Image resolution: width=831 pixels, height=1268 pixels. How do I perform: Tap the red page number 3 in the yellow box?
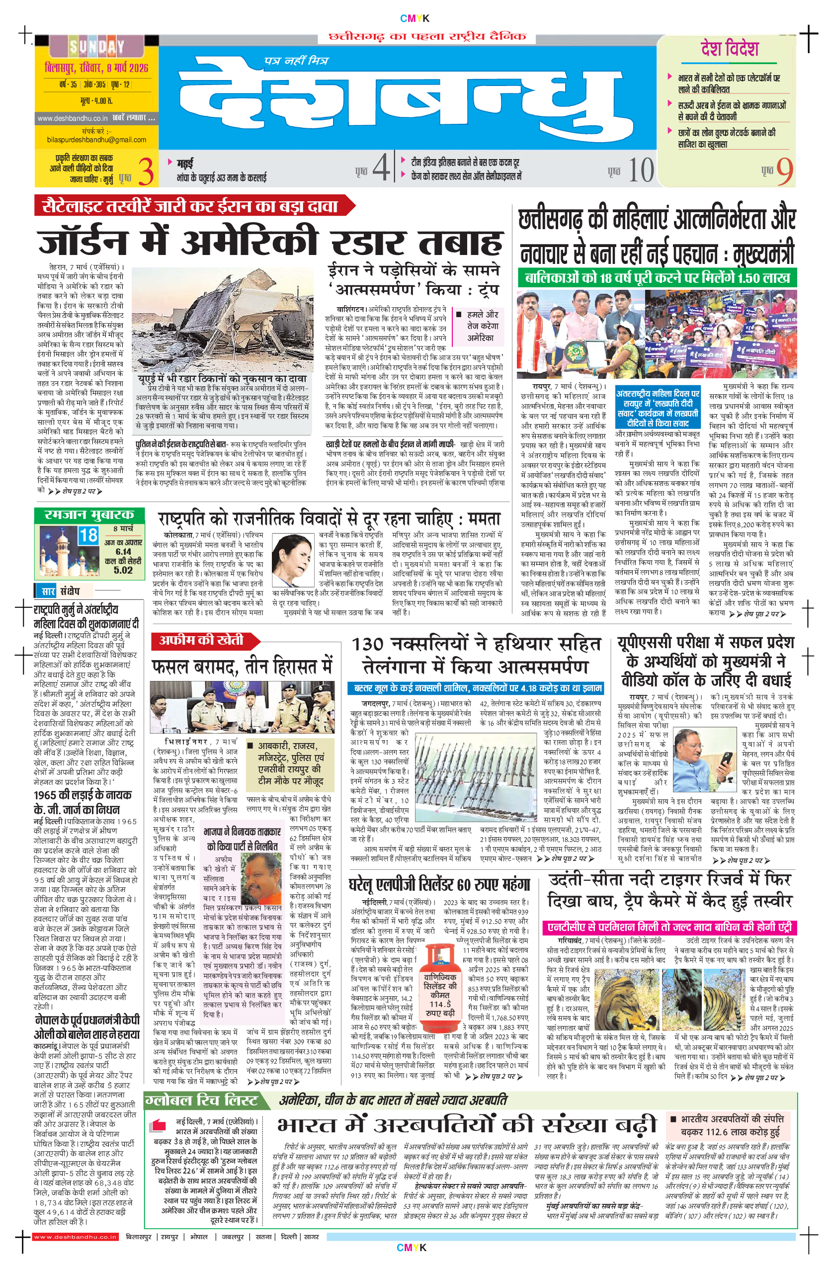(146, 171)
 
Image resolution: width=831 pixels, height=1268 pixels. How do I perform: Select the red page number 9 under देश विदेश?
(784, 171)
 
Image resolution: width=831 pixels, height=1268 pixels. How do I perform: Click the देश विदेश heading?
(729, 49)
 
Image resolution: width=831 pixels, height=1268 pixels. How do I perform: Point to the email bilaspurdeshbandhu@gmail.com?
(96, 140)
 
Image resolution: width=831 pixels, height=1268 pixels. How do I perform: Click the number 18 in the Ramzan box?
(88, 535)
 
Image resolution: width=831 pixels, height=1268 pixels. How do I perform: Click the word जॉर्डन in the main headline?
(83, 244)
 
